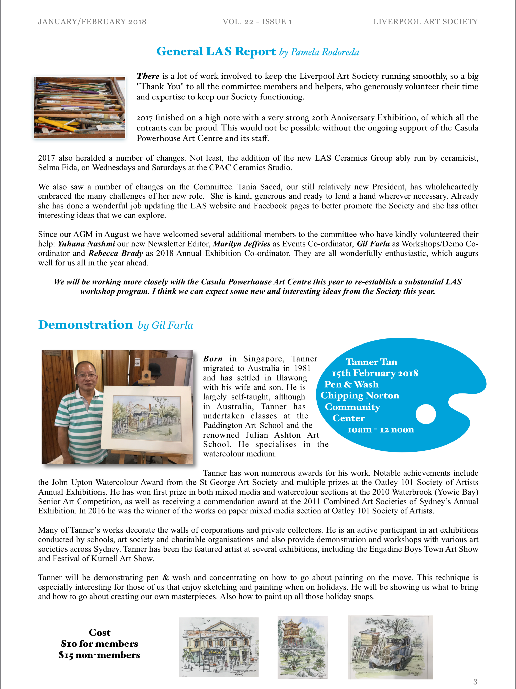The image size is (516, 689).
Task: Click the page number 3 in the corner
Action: (475, 681)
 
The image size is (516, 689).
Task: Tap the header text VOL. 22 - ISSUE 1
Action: (257, 21)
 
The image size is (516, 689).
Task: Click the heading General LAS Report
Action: (216, 51)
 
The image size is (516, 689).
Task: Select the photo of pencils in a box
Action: (80, 107)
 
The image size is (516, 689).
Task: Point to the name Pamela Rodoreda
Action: (325, 52)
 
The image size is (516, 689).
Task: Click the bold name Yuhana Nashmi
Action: (86, 244)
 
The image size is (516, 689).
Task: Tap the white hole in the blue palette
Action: (426, 414)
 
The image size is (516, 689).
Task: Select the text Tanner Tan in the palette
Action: (371, 362)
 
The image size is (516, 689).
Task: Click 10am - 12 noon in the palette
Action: (381, 429)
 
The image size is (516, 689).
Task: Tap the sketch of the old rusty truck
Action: (390, 647)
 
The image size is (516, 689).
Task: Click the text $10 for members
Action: (100, 644)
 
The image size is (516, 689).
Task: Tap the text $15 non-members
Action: (99, 655)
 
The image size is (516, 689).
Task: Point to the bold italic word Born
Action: (213, 359)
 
